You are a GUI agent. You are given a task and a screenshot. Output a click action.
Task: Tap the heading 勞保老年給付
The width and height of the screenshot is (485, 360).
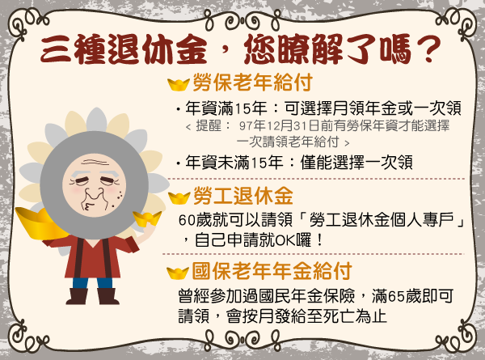(252, 83)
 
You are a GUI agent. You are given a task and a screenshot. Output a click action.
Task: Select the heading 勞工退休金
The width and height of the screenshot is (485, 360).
(242, 196)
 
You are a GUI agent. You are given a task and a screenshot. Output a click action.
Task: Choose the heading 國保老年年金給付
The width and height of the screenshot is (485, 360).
(272, 271)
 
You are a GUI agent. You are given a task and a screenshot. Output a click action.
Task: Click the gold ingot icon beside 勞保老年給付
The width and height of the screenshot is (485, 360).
(179, 84)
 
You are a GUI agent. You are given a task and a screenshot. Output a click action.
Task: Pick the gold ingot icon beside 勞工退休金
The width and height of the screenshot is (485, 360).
(179, 198)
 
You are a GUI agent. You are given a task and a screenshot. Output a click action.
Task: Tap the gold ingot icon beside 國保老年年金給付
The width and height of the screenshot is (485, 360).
(178, 273)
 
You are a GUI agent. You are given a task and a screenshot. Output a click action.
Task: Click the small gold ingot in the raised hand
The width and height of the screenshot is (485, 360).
(147, 218)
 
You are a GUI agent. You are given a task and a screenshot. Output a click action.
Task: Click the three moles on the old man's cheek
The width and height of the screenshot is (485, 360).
(119, 196)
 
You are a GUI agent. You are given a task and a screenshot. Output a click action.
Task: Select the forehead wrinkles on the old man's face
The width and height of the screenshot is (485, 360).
(94, 163)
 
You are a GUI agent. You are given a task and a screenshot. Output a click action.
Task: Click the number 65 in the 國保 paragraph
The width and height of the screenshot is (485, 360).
(396, 296)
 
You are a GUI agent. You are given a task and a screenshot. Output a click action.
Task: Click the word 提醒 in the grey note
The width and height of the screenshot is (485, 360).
(209, 126)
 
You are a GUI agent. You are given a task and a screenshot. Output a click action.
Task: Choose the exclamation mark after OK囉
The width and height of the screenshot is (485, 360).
(320, 240)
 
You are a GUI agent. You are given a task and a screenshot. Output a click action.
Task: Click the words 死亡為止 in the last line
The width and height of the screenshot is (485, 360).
(354, 316)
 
